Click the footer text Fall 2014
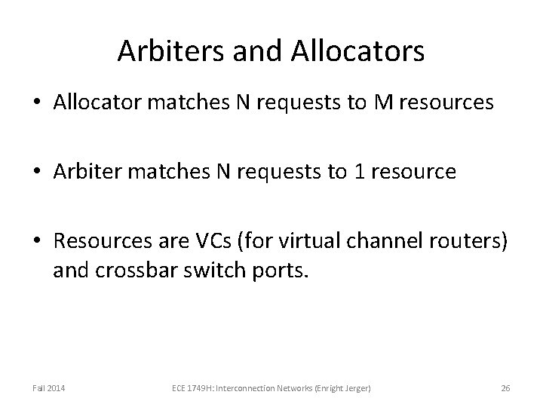48,388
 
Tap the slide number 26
505,388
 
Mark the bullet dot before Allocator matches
38,103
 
